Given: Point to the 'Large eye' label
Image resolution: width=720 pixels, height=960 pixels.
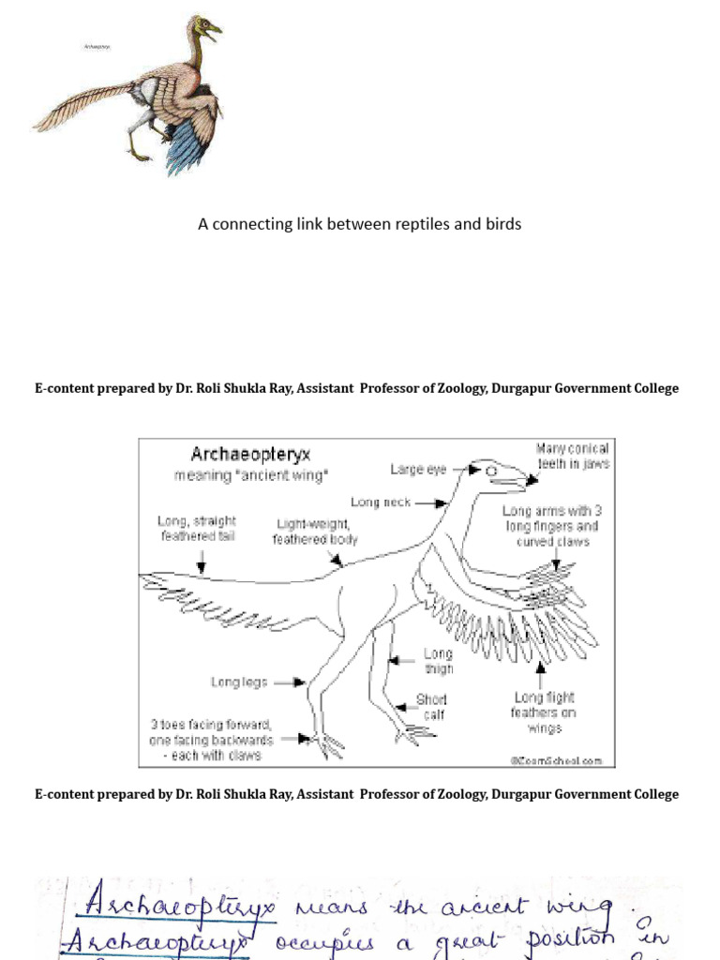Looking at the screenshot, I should [418, 470].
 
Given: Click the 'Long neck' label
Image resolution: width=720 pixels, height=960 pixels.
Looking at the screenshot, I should [381, 502].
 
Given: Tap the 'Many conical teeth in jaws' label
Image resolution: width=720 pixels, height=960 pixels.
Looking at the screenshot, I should [572, 457].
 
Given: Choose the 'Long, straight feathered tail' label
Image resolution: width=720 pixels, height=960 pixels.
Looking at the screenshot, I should [197, 528].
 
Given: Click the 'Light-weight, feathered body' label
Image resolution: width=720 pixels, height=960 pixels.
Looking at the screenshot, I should [313, 532].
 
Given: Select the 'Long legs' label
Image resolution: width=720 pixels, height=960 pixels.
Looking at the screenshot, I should [239, 682].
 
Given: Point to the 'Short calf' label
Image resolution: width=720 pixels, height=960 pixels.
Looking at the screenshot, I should [431, 707].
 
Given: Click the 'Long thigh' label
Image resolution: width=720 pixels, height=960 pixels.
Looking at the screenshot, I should [438, 661].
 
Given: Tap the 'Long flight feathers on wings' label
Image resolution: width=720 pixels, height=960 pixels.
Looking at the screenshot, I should [544, 712].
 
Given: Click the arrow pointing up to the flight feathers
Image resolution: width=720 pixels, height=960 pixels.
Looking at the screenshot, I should [541, 671].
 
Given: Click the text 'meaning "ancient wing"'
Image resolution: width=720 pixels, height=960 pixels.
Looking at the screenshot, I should [251, 476].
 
